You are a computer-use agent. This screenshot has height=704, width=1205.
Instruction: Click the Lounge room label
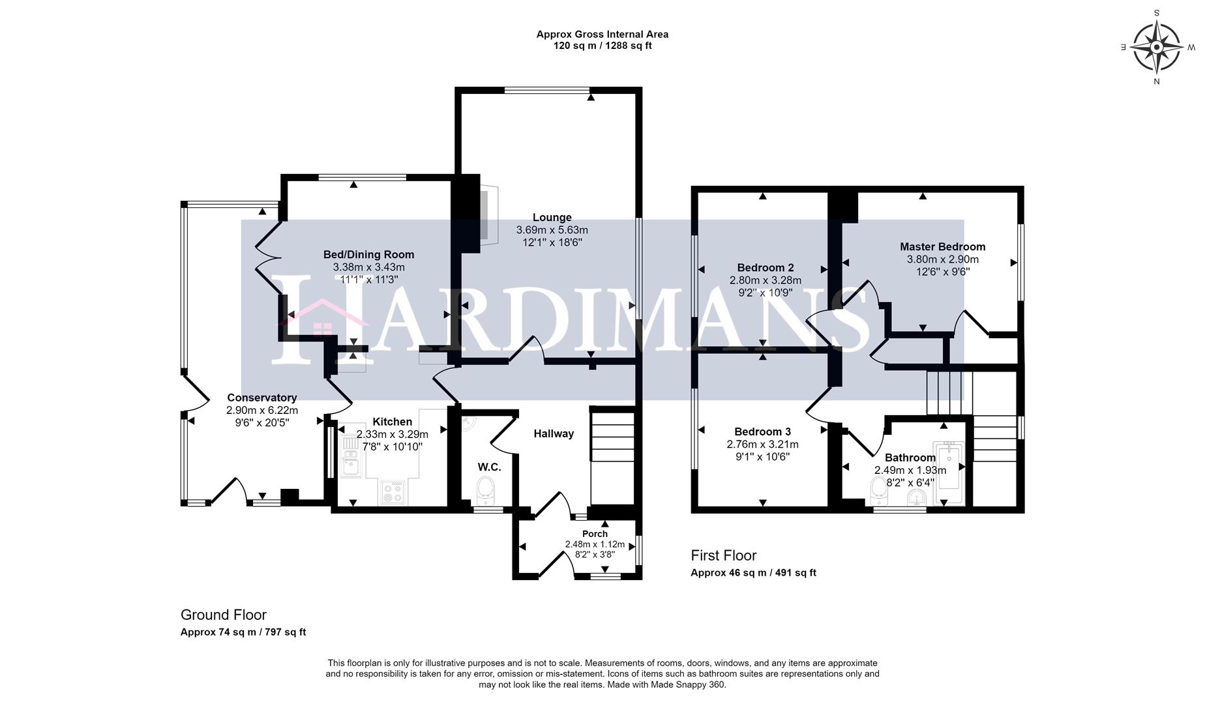click(x=552, y=218)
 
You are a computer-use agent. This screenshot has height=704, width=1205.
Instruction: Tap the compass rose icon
click(x=1156, y=48)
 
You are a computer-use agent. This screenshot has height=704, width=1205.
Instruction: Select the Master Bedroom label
click(x=942, y=247)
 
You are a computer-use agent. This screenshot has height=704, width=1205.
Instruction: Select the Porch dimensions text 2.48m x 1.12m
click(x=595, y=544)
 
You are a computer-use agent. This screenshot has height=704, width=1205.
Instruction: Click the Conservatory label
click(x=261, y=398)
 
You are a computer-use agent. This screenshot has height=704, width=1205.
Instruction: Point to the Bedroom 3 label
click(x=762, y=432)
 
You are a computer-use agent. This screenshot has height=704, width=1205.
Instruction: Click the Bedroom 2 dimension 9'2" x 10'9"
click(x=765, y=293)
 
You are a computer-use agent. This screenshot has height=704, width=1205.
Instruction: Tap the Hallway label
click(x=554, y=433)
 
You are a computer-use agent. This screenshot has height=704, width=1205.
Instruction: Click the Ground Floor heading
click(x=224, y=615)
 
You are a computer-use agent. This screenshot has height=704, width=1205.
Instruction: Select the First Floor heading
click(x=724, y=555)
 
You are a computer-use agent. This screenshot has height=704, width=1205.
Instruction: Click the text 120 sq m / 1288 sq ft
click(x=602, y=46)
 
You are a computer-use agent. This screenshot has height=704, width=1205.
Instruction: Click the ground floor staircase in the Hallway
click(x=612, y=456)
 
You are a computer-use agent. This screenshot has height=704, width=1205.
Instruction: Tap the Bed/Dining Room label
click(x=368, y=255)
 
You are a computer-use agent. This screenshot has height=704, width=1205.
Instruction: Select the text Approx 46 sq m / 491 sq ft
click(x=753, y=573)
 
